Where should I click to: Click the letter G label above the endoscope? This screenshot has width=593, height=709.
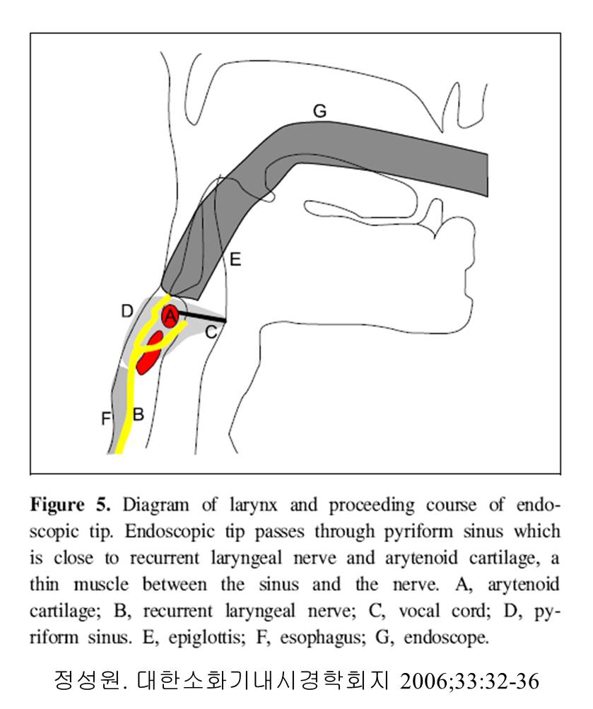coord(320,111)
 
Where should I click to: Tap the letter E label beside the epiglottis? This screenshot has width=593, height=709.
coord(235,259)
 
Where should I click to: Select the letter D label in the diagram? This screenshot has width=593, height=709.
coord(127,311)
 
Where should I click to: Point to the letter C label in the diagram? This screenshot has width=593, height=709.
coord(211,332)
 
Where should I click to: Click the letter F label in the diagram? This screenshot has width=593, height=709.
coord(106,418)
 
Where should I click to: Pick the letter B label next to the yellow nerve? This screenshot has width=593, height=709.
coord(139,414)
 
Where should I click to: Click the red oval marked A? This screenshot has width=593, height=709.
coord(170,316)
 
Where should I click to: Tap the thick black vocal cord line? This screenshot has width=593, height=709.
coord(201,316)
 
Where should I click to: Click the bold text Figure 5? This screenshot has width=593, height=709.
coord(70,505)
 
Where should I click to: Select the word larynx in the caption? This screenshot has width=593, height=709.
coord(254,505)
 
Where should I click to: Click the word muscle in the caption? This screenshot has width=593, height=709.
coord(101,584)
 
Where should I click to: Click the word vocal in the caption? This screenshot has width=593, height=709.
coord(419,611)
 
